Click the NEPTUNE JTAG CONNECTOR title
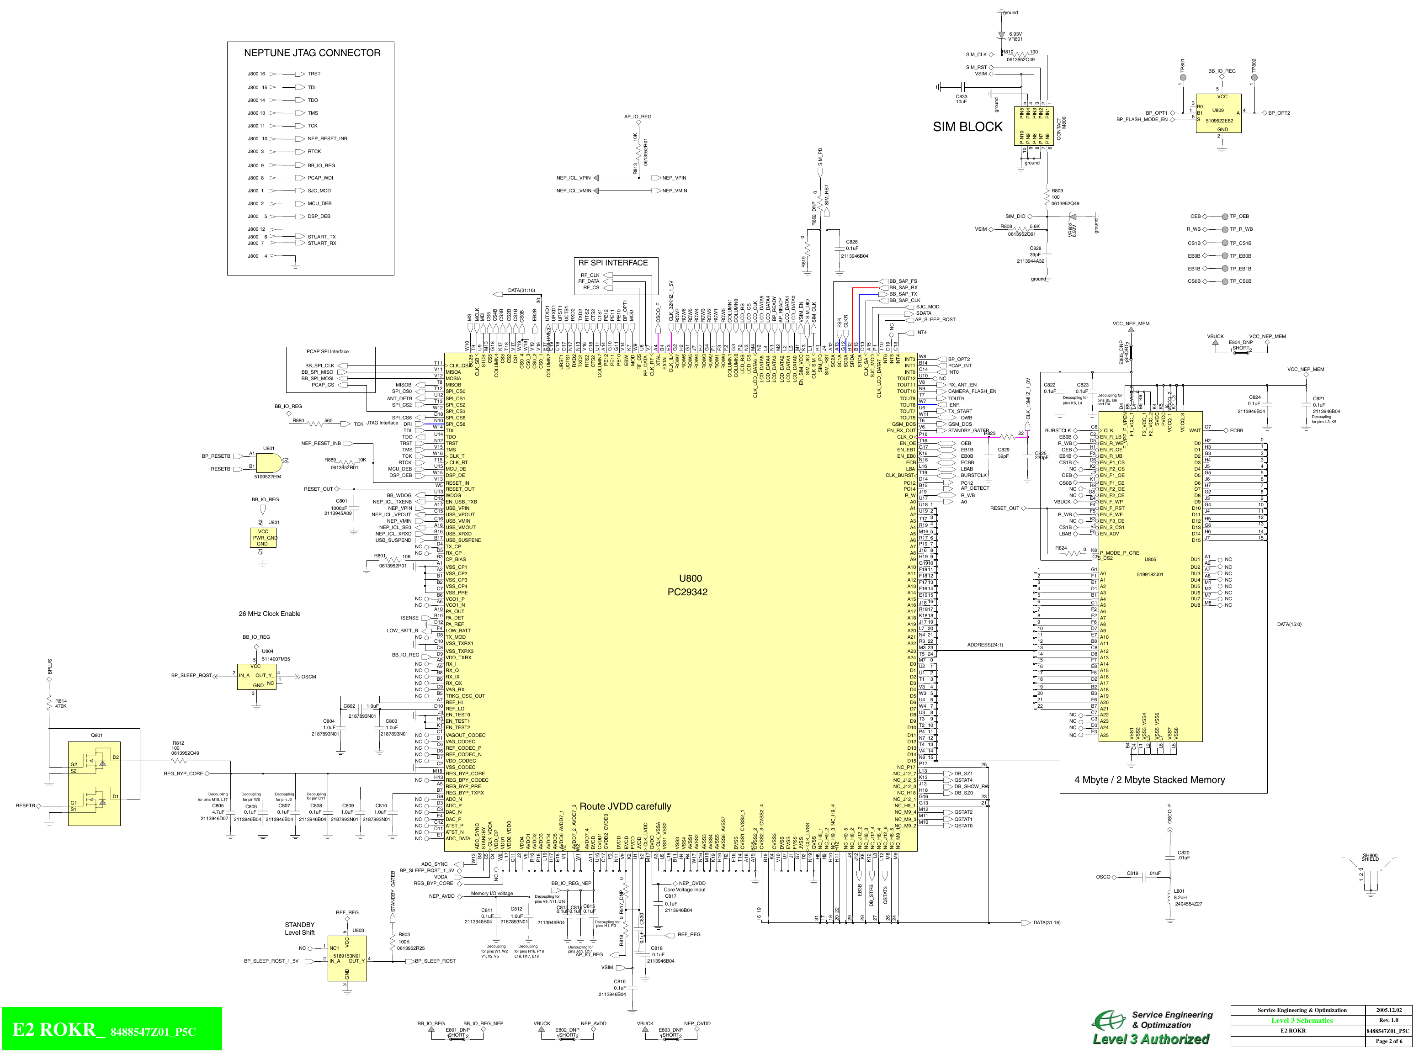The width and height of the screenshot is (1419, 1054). pos(312,53)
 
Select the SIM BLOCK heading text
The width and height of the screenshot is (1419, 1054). pos(967,127)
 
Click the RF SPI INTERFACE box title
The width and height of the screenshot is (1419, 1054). pos(612,263)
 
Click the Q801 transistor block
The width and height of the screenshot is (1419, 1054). pos(95,784)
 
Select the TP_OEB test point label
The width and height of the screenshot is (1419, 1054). pos(1239,216)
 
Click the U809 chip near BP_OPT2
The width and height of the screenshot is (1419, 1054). pos(1218,113)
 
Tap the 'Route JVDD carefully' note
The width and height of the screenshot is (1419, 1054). pos(625,806)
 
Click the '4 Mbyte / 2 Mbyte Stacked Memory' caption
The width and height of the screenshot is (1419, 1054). pos(1149,780)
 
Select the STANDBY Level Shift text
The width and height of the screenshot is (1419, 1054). pos(299,928)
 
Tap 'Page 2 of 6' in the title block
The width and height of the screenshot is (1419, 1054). pos(1388,1041)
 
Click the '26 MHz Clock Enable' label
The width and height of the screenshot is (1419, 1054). pos(269,614)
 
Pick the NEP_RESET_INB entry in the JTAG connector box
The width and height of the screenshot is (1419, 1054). pos(327,138)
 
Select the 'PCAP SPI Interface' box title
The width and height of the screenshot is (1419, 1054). pos(327,351)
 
